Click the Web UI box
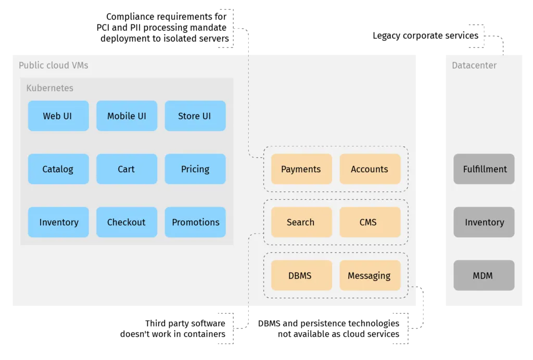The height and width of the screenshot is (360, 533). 58,116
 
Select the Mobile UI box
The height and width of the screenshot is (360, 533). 126,116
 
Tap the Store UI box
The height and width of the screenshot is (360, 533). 195,116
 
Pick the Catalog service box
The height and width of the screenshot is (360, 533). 58,169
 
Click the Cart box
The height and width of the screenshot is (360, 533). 126,169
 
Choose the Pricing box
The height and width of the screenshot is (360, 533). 195,169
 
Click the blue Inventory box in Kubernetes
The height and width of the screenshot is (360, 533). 58,222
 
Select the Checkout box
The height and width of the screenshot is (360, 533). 126,222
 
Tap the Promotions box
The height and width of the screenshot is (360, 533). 195,222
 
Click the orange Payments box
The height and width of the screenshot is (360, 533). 301,169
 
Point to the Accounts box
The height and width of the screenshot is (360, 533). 370,169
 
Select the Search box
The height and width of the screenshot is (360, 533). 301,222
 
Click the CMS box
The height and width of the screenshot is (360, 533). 370,222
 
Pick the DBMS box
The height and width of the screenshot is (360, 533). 301,275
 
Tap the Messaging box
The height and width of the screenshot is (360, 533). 370,275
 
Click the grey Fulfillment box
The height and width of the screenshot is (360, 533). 484,169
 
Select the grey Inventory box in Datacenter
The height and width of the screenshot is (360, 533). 484,222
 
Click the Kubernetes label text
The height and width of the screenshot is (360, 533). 50,88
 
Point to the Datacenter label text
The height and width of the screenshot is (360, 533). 474,66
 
